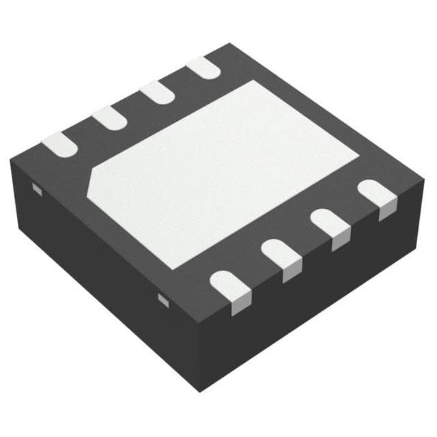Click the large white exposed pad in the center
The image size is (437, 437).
[225, 171]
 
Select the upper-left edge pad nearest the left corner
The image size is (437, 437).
[59, 145]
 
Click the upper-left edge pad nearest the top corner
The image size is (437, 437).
[203, 67]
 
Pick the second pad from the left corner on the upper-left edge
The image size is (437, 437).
[109, 118]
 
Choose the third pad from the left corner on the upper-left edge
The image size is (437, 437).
[158, 92]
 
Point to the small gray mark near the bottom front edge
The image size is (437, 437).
[163, 299]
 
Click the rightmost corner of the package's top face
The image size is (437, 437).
[423, 186]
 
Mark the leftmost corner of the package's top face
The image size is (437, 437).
[12, 160]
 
